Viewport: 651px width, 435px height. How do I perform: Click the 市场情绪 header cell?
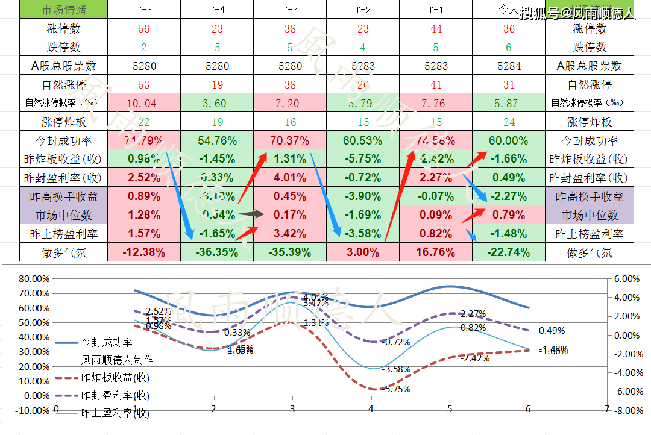(64, 10)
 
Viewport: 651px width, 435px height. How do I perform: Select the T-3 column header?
(289, 10)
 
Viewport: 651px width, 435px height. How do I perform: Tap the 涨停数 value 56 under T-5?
(143, 28)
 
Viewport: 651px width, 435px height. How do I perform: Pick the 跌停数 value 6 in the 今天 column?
(508, 47)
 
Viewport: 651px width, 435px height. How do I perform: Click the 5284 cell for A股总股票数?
(508, 66)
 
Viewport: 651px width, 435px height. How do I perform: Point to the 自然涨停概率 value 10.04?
(143, 103)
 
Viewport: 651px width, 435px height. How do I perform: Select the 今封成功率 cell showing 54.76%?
(216, 140)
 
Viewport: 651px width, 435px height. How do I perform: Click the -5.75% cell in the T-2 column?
(362, 159)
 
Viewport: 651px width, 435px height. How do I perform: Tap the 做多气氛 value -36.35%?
(216, 252)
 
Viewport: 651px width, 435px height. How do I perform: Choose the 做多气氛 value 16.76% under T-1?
(435, 252)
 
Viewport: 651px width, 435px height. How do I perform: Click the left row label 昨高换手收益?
(64, 196)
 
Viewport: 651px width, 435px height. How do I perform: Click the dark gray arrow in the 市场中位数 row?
(251, 213)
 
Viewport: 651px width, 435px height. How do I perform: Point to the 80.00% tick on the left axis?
(33, 279)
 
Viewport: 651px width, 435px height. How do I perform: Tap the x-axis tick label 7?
(606, 408)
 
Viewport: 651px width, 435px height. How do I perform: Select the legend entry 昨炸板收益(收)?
(115, 378)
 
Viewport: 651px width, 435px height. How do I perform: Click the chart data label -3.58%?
(397, 369)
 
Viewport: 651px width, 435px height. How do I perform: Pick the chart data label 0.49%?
(552, 331)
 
